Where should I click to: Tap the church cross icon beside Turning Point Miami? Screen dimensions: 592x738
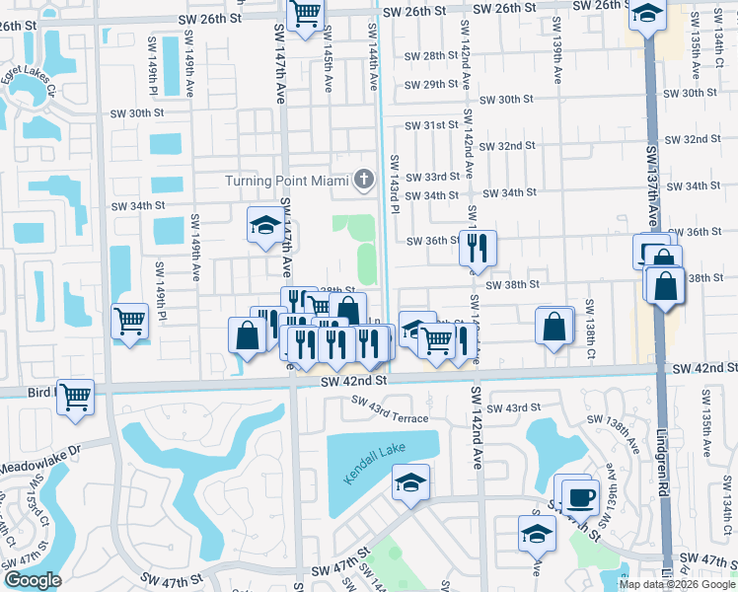pyautogui.click(x=364, y=180)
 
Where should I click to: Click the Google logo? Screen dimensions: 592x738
pyautogui.click(x=33, y=580)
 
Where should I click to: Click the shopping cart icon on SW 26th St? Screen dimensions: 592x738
pyautogui.click(x=307, y=13)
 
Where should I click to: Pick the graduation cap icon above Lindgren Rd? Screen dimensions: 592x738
pyautogui.click(x=646, y=15)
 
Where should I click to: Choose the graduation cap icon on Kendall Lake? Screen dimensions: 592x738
pyautogui.click(x=410, y=482)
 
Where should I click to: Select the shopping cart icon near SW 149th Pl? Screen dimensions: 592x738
pyautogui.click(x=130, y=320)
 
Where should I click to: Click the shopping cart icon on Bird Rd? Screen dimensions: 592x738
pyautogui.click(x=76, y=397)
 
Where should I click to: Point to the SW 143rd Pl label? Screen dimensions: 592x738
pyautogui.click(x=395, y=184)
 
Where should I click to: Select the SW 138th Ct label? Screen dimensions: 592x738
pyautogui.click(x=590, y=327)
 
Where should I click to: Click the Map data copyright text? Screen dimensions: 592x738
pyautogui.click(x=676, y=584)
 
